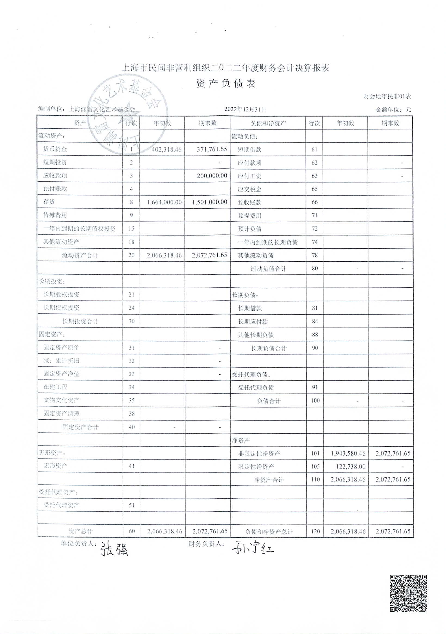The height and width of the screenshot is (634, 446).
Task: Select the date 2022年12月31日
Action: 245,109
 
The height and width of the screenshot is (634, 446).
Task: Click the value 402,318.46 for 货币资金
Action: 166,149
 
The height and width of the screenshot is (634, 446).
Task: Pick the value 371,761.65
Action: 212,149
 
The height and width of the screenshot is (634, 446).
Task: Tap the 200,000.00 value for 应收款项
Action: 212,176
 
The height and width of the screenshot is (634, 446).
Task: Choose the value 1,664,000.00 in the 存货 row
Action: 164,202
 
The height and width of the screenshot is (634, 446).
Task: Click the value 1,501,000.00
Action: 210,202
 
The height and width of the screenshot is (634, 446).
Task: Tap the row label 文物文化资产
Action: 61,400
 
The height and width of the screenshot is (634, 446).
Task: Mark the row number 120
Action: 315,531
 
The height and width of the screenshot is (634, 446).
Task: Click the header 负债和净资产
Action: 268,123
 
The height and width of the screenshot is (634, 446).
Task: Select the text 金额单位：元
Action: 393,110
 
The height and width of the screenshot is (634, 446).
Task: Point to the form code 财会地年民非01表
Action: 387,96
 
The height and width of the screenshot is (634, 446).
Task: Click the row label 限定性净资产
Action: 256,467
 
